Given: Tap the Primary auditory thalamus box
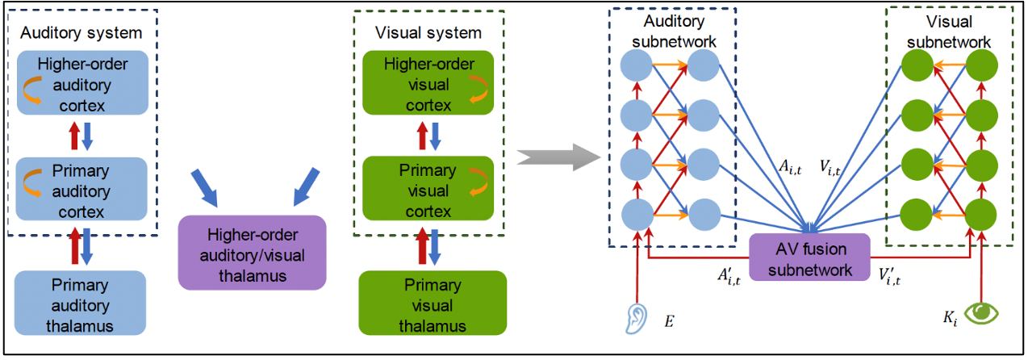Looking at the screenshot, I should click(x=80, y=305).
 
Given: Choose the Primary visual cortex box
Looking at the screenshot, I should click(x=428, y=191).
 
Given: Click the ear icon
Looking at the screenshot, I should click(x=637, y=317).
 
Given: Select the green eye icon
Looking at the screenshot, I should click(x=982, y=312).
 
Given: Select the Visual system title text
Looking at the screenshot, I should click(x=428, y=33).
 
